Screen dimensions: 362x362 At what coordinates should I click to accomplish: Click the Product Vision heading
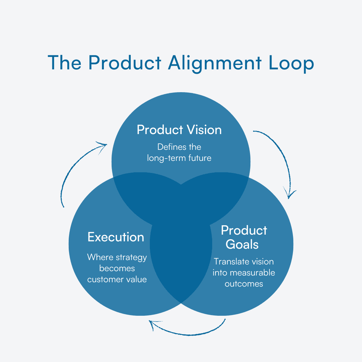179,130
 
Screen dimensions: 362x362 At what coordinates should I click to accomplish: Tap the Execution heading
116,237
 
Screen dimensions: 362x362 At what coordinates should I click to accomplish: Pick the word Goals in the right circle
242,244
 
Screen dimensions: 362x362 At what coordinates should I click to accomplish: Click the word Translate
229,261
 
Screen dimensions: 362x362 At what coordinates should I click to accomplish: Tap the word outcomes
244,284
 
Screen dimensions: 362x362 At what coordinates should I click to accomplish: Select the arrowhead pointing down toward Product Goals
290,194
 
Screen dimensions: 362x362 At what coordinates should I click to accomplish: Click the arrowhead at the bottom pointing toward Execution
153,323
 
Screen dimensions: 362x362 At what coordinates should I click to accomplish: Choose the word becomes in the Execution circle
117,268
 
